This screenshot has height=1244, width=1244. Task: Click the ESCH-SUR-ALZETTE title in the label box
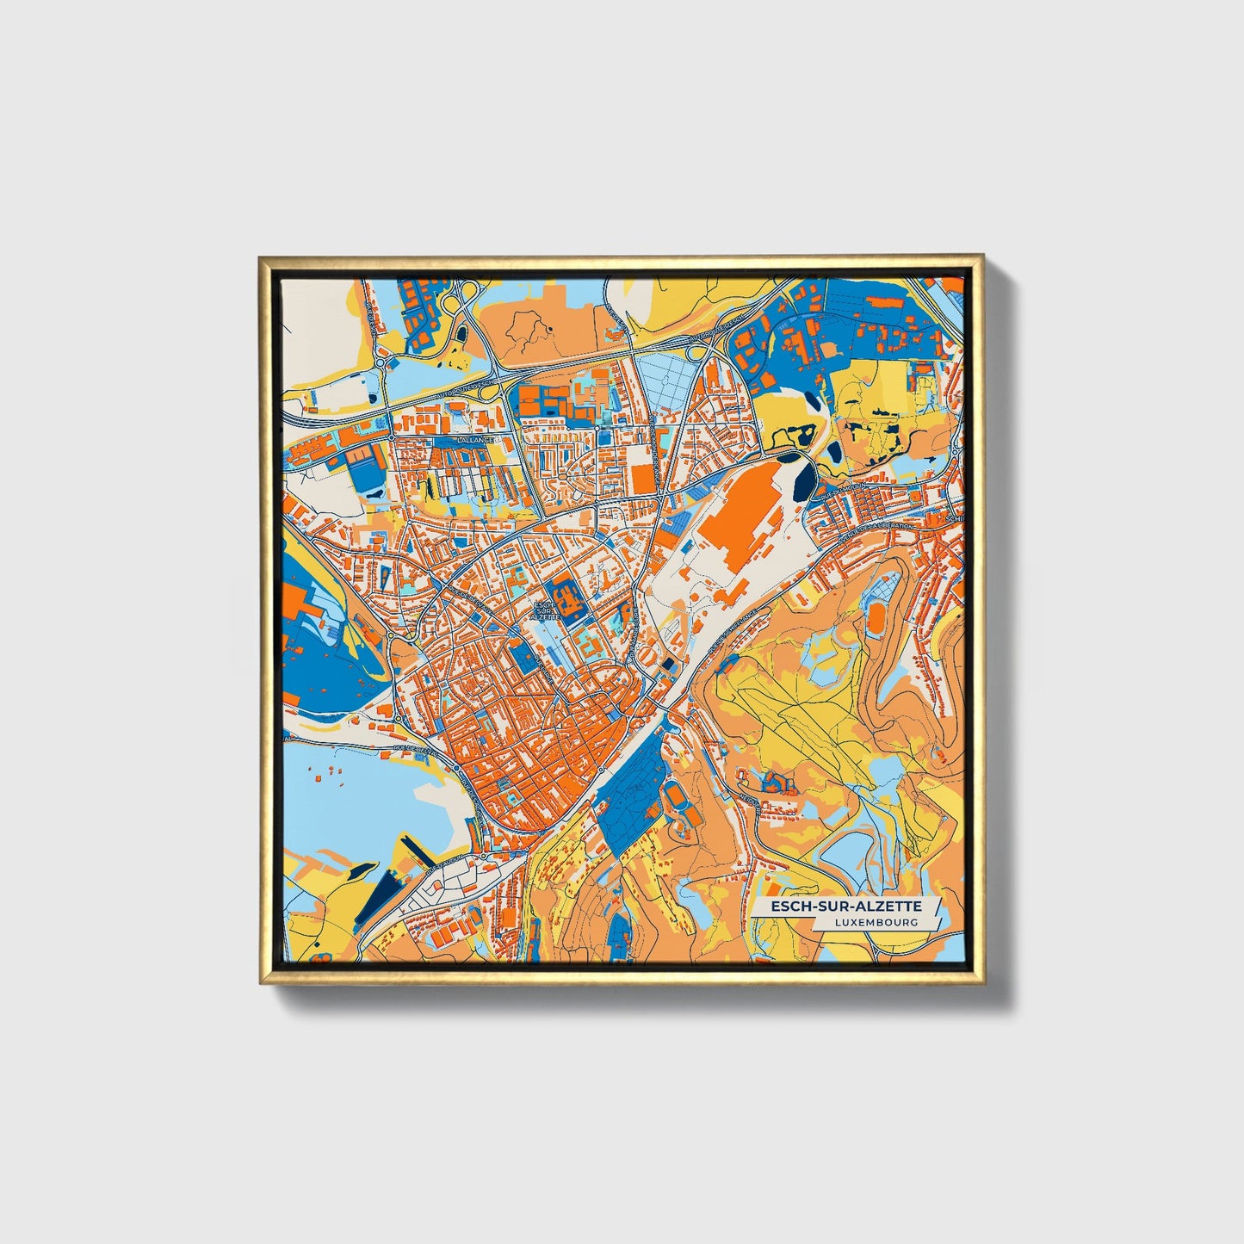click(x=845, y=907)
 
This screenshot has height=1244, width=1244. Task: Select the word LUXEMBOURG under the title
click(x=876, y=922)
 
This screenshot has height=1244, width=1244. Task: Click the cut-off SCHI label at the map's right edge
click(x=953, y=519)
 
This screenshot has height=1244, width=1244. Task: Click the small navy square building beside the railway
click(x=670, y=664)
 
